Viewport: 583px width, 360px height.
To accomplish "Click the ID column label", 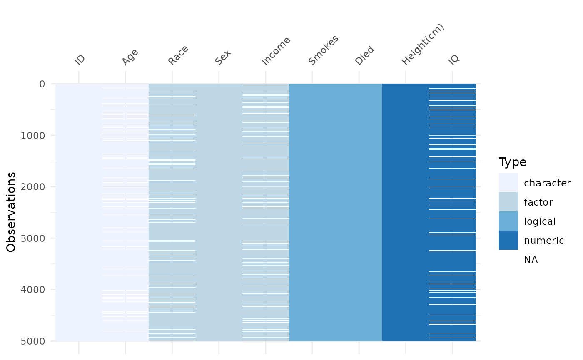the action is (x=80, y=60).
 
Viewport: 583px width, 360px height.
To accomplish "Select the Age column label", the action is (x=130, y=57).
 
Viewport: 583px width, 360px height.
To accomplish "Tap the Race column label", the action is (x=178, y=55).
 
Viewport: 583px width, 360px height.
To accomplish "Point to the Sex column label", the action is (x=223, y=57).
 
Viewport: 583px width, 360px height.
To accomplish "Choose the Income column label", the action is (x=276, y=51).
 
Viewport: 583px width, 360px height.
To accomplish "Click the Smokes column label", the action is (x=323, y=50).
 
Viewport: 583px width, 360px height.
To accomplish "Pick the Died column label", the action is (x=364, y=55).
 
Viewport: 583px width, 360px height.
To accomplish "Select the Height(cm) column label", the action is (x=423, y=45).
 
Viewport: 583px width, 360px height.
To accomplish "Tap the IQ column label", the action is (x=453, y=60).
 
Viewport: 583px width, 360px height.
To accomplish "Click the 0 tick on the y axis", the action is (x=42, y=84).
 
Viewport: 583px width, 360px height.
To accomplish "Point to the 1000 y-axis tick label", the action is (x=33, y=136).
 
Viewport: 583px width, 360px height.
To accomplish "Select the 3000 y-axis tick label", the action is (x=33, y=238).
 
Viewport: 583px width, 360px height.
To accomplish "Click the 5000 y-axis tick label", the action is (x=33, y=341).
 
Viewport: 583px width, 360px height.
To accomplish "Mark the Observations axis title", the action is (x=11, y=212).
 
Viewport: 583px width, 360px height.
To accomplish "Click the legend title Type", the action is (x=513, y=162).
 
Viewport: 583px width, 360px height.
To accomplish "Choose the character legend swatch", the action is (x=508, y=183).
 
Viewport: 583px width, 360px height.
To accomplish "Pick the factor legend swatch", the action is (x=508, y=202).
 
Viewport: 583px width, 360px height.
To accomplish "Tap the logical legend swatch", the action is (x=508, y=221).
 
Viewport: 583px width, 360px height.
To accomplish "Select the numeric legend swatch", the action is (x=508, y=240).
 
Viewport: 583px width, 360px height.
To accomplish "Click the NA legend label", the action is (x=531, y=260).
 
